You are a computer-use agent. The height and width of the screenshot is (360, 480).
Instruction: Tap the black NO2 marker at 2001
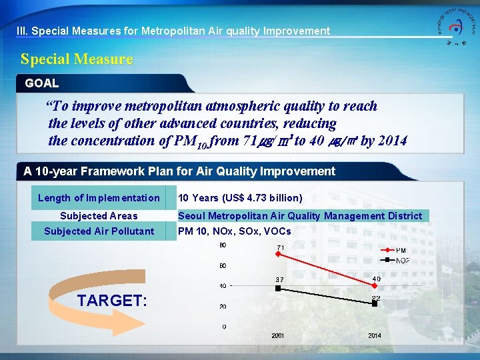[279, 289]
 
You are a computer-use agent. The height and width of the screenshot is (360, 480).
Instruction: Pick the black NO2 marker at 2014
[375, 303]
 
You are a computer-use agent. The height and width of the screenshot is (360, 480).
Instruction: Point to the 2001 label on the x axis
[278, 335]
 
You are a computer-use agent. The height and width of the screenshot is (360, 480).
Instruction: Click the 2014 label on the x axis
[375, 335]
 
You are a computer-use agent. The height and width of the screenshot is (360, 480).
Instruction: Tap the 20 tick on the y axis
[222, 307]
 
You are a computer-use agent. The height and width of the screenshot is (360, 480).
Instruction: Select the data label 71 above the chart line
[281, 249]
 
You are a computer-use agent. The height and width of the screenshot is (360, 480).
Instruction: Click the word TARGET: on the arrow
[112, 301]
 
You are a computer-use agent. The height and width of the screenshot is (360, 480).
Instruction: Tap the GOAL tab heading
[42, 83]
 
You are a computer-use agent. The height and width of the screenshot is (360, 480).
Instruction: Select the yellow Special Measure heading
[77, 59]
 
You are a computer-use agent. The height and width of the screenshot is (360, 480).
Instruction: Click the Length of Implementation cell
[99, 198]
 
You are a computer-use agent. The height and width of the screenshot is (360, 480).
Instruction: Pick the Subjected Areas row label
[99, 215]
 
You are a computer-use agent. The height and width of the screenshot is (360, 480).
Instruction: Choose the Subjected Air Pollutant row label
[99, 231]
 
